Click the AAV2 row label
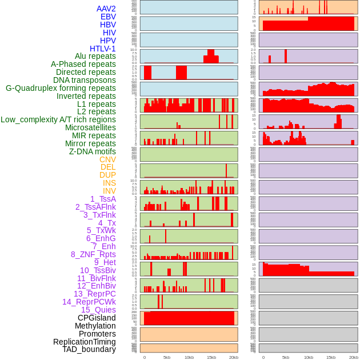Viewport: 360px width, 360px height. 106,9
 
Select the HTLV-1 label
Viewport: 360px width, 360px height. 103,49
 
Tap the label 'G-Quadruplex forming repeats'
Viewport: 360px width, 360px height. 61,88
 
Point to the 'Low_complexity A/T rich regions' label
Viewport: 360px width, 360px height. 58,119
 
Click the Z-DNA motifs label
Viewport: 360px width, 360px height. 93,151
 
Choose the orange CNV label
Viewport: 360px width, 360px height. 107,159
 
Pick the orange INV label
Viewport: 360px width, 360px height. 109,191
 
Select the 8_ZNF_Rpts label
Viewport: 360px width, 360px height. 93,254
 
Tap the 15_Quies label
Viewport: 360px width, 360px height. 98,310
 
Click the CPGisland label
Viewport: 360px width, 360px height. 97,318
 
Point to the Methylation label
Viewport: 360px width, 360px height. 95,326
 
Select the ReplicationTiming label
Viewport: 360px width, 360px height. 85,342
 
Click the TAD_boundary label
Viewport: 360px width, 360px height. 89,349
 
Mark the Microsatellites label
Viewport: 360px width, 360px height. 90,127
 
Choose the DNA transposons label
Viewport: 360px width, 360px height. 85,80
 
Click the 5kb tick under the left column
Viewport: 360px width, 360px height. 167,357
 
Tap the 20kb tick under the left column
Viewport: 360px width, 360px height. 233,357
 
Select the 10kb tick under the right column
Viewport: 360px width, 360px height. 308,357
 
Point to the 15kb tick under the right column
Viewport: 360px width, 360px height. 330,357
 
